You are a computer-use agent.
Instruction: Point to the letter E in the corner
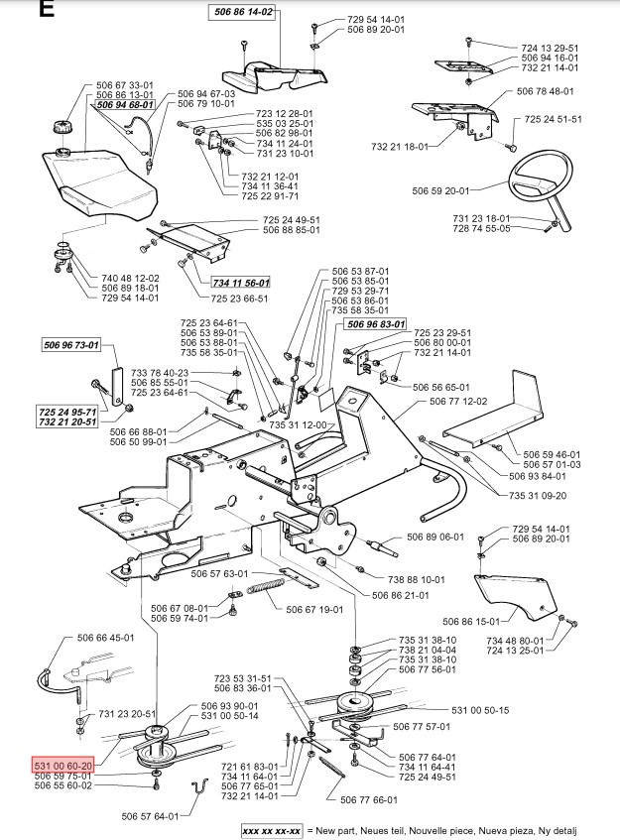17,11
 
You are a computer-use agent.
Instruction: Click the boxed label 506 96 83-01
376,323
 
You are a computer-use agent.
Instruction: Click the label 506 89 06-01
435,537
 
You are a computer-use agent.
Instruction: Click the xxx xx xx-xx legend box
270,829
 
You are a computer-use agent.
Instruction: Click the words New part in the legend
336,829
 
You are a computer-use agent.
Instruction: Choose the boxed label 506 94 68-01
125,104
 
